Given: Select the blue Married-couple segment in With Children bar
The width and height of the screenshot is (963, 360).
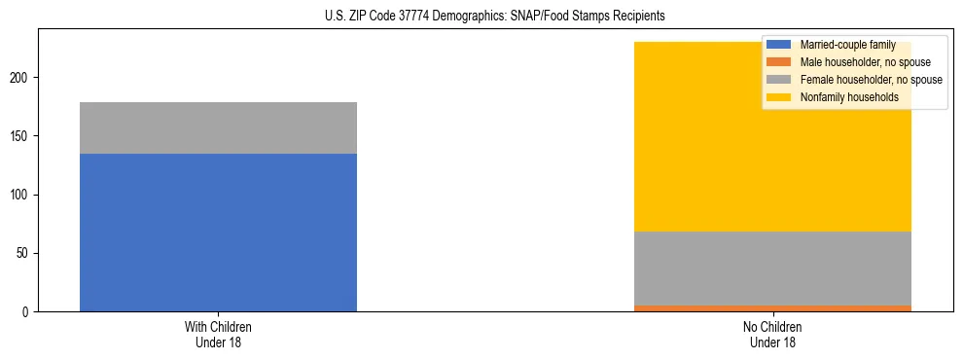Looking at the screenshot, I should tap(218, 233).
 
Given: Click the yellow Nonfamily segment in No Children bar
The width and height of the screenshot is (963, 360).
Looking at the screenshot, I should tap(681, 146).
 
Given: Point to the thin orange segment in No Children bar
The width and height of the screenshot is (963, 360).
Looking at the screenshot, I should tap(772, 308).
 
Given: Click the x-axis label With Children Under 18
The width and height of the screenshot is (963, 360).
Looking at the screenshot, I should tap(218, 334).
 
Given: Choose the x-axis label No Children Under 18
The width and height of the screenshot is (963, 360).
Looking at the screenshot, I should tap(772, 334).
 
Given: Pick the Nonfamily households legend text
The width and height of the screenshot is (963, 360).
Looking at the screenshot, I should tap(843, 97).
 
